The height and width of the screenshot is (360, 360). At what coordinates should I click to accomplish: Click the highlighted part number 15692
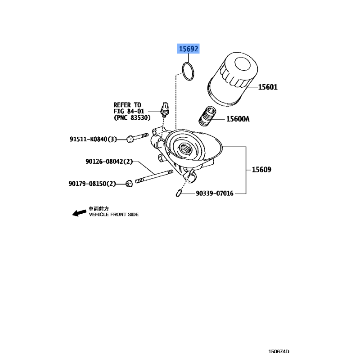click(x=188, y=49)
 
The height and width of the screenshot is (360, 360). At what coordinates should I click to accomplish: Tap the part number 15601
click(x=268, y=87)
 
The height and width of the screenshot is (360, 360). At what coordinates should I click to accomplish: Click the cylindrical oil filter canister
click(x=233, y=79)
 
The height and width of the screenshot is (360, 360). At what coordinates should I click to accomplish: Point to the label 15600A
click(x=238, y=119)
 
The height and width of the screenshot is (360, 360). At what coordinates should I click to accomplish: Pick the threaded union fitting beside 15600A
click(x=207, y=117)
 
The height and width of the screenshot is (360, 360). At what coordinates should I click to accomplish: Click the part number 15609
click(x=261, y=170)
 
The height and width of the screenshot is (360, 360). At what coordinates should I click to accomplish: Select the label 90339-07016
click(x=215, y=193)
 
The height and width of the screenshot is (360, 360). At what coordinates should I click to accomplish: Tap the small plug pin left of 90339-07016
click(x=178, y=193)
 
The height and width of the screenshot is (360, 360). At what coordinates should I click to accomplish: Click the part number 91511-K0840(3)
click(x=93, y=139)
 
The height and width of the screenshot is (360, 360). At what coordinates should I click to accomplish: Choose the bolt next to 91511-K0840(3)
click(x=138, y=137)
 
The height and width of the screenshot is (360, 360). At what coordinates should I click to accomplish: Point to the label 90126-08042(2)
click(x=109, y=162)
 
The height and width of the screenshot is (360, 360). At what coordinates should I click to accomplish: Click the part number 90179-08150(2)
click(x=92, y=184)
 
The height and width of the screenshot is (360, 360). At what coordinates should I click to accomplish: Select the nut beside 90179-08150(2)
click(x=129, y=184)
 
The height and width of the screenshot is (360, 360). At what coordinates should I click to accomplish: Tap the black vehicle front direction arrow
click(x=79, y=213)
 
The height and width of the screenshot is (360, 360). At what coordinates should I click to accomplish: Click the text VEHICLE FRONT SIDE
click(x=114, y=215)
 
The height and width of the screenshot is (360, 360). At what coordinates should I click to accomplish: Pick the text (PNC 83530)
click(x=132, y=117)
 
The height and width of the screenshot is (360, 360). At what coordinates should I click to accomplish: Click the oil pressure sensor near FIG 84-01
click(x=165, y=109)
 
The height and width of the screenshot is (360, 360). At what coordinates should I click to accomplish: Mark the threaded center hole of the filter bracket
click(x=184, y=149)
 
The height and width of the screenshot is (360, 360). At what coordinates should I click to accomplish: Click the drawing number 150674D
click(x=279, y=351)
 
